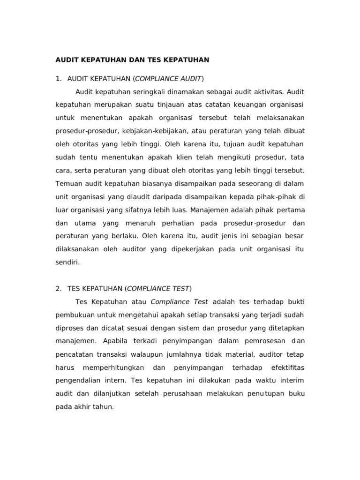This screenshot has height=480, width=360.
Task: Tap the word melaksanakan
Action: click(280, 117)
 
